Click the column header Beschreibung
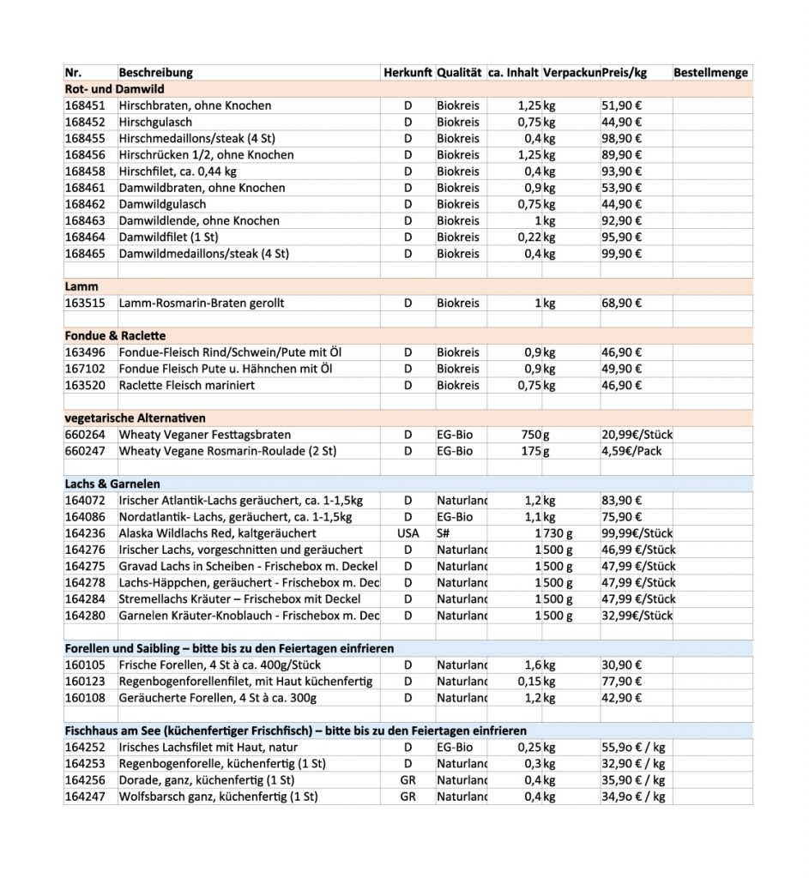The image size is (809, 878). point(155,73)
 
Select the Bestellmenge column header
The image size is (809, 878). point(710,73)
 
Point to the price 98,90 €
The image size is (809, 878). point(622,138)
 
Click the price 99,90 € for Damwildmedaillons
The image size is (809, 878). point(622,254)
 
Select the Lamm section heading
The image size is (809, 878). point(82,286)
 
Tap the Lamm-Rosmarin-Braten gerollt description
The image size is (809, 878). point(202,303)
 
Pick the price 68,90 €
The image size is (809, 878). point(622,303)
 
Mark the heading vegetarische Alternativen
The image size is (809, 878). point(135,418)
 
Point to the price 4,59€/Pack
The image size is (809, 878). point(631,451)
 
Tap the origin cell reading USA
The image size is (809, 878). point(408,533)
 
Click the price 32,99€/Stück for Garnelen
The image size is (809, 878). point(637,616)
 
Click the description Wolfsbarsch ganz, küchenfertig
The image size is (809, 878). point(218,797)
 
